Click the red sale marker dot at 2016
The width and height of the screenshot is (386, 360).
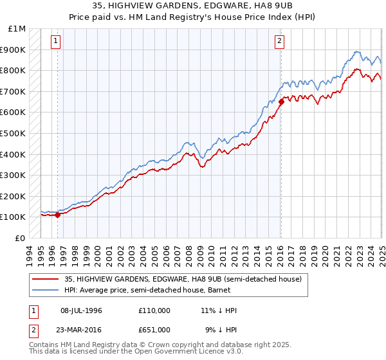tap(281, 101)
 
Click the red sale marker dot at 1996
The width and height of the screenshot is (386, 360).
tap(58, 215)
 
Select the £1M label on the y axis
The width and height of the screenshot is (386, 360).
tap(17, 29)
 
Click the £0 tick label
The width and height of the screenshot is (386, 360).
tap(21, 238)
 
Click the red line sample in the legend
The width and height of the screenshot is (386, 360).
tap(46, 279)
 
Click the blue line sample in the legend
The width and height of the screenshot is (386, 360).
tap(46, 291)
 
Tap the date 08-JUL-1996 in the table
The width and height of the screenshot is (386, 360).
tap(86, 310)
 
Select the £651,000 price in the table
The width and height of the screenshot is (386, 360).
tap(154, 329)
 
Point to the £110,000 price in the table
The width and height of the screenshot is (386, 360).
tap(154, 310)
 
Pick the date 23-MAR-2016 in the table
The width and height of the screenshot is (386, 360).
tap(87, 329)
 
